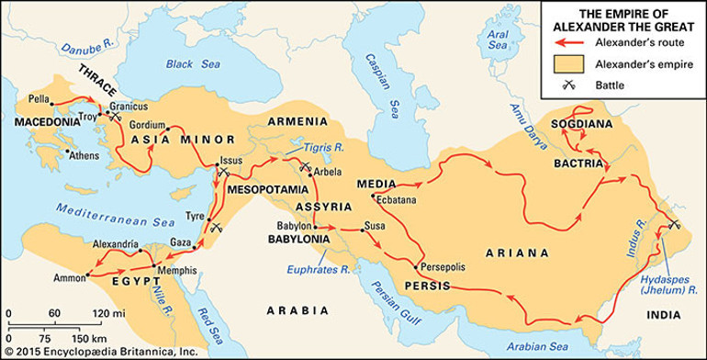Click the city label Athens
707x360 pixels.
[x=85, y=154]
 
